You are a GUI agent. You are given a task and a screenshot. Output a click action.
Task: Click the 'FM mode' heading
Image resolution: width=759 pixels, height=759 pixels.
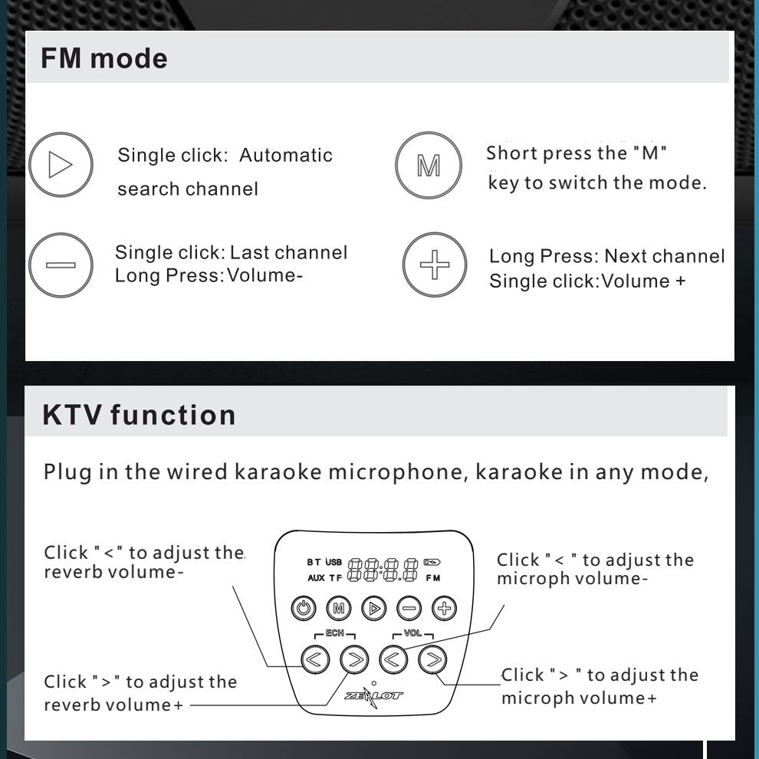pyautogui.click(x=104, y=58)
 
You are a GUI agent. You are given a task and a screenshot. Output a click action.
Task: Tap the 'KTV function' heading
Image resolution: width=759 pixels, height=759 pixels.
pyautogui.click(x=140, y=415)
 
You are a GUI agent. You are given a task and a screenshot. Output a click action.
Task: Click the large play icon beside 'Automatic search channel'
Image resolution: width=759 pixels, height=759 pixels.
pyautogui.click(x=61, y=165)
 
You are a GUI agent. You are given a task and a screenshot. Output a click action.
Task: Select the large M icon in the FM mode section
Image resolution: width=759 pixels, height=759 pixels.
pyautogui.click(x=429, y=166)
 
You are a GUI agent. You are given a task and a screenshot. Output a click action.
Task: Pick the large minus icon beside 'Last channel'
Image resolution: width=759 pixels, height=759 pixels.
pyautogui.click(x=61, y=265)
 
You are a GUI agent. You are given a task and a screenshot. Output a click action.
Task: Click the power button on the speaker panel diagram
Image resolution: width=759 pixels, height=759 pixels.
pyautogui.click(x=304, y=609)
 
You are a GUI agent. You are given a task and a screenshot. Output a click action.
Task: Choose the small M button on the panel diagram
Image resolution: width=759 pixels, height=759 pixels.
pyautogui.click(x=338, y=609)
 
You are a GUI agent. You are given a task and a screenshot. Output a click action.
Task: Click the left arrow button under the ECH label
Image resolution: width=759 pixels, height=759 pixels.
pyautogui.click(x=316, y=659)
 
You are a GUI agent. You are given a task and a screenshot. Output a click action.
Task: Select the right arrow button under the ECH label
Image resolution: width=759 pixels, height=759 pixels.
pyautogui.click(x=354, y=659)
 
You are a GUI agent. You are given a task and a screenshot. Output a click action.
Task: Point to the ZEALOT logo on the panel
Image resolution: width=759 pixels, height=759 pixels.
pyautogui.click(x=374, y=696)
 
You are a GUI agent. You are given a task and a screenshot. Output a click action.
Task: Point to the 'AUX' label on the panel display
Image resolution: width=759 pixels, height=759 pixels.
pyautogui.click(x=317, y=578)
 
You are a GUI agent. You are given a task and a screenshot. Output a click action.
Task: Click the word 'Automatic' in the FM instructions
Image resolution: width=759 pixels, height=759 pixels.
pyautogui.click(x=286, y=155)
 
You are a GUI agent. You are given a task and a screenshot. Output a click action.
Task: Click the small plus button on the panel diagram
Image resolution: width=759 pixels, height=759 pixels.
pyautogui.click(x=443, y=609)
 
